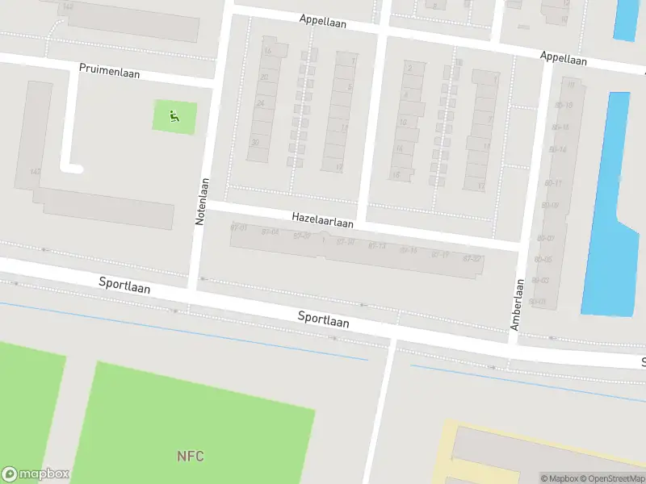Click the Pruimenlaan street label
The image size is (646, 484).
[110, 71]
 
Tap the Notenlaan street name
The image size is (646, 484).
[202, 201]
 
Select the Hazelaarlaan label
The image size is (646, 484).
[323, 219]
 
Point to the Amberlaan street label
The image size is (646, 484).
[517, 304]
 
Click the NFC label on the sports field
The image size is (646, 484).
[191, 457]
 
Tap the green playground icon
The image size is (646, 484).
[174, 117]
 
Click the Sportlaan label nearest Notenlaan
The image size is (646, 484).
[125, 284]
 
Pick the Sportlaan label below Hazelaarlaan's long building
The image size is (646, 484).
[323, 319]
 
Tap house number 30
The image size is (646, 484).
[256, 143]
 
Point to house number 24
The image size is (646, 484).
[260, 103]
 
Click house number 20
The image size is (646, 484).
[263, 77]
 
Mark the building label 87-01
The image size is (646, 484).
[238, 227]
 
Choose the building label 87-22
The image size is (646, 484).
[472, 258]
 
